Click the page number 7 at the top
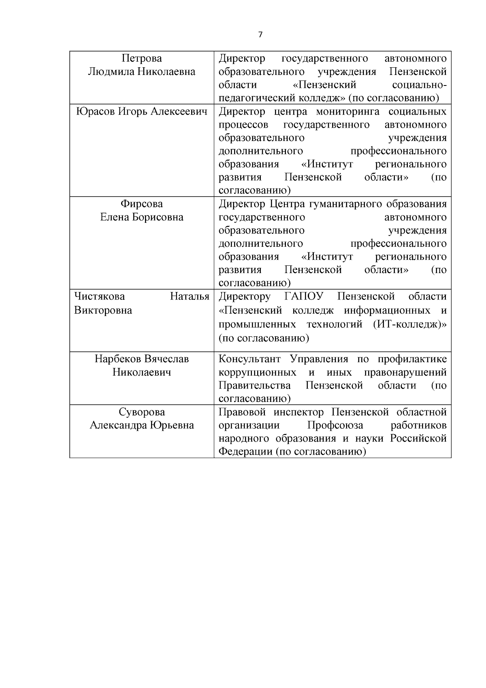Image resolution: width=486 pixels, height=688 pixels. [260, 35]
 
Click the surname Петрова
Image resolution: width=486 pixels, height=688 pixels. [141, 58]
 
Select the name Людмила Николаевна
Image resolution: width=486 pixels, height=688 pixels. [141, 72]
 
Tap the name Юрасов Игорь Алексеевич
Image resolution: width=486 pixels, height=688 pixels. [141, 111]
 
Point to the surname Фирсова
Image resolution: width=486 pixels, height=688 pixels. [141, 204]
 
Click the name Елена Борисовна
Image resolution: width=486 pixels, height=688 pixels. [141, 217]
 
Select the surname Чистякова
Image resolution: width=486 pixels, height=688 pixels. [100, 297]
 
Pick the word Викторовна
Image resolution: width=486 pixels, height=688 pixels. [103, 310]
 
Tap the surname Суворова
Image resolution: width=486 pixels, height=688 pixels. [141, 412]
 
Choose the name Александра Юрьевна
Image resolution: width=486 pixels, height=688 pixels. [141, 425]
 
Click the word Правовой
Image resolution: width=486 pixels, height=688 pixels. [242, 412]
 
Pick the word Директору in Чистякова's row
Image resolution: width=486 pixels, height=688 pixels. [245, 297]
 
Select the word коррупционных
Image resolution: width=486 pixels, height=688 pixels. [257, 372]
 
